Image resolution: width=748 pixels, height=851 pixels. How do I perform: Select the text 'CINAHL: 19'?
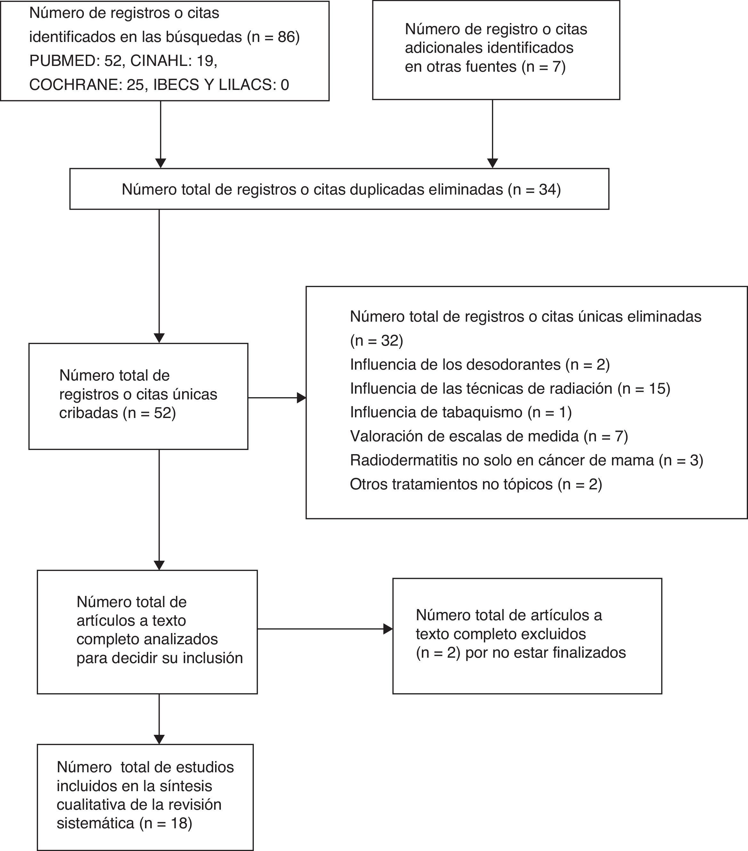tap(173, 61)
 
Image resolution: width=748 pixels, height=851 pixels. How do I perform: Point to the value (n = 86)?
tap(273, 37)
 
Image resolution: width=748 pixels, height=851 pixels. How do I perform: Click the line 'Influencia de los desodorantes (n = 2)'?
tap(480, 365)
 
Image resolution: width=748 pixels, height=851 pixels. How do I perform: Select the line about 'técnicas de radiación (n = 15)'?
tap(510, 389)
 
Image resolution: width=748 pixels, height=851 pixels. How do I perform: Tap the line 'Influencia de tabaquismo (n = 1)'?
tap(461, 412)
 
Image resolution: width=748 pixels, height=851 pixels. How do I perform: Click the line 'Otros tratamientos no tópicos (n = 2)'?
tap(476, 484)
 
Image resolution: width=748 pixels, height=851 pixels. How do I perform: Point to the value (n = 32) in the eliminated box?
tap(376, 341)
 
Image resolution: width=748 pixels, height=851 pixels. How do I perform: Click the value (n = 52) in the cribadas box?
tap(149, 413)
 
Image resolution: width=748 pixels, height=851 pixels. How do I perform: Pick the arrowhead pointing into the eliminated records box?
tap(301, 397)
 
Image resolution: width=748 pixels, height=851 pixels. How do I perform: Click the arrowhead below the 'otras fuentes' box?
tap(492, 163)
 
